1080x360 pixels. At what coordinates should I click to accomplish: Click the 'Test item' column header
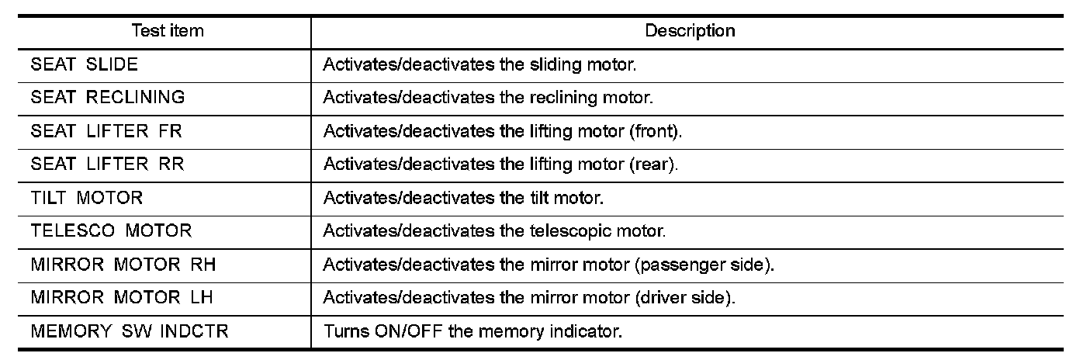tap(168, 32)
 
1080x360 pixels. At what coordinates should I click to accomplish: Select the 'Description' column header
tap(691, 32)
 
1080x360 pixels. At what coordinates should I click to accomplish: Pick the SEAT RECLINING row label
tap(108, 99)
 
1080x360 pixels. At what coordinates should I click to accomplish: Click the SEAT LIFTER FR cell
tap(106, 132)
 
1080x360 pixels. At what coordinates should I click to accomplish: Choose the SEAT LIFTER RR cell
tap(107, 165)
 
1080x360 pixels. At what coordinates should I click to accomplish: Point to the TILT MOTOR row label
tap(87, 199)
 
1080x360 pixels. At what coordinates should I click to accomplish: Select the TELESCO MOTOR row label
tap(111, 232)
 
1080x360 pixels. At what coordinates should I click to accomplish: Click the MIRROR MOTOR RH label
tap(123, 265)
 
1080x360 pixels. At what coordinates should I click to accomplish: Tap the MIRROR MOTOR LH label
tap(122, 299)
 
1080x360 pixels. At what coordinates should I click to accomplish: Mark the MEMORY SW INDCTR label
tap(130, 332)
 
